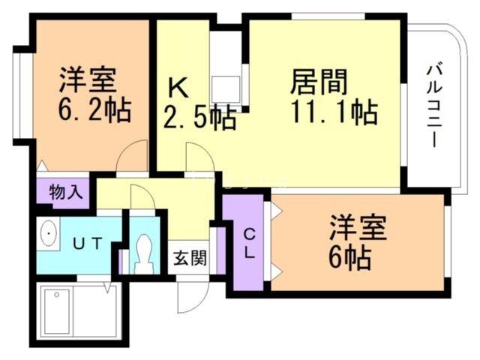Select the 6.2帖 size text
point(93,111)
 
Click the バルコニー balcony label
point(433,106)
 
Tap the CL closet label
point(247,241)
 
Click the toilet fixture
point(143,252)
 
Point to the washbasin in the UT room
point(49,235)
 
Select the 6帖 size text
point(349,259)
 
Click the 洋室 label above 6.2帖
point(88,79)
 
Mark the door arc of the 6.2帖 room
point(133,158)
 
